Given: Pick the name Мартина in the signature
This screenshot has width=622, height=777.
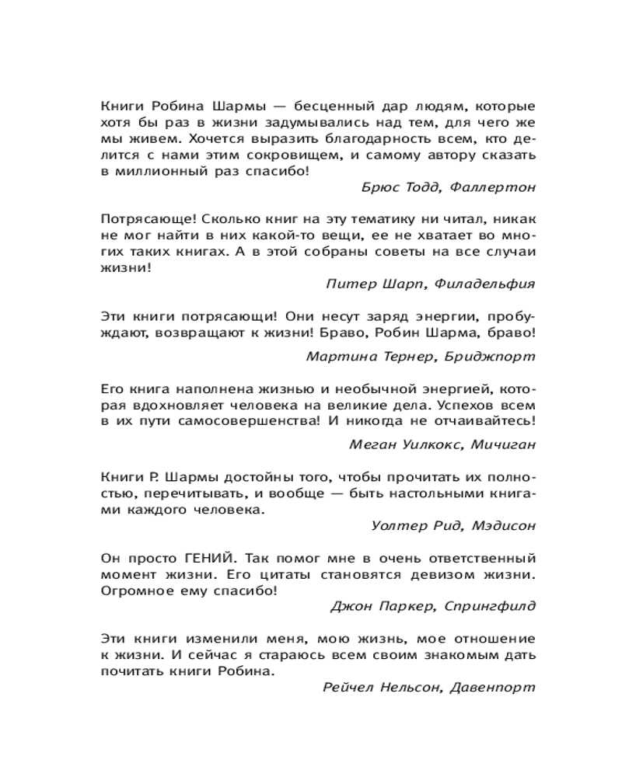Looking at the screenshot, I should (x=335, y=357).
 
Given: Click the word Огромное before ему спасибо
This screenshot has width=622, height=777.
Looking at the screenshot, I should (x=134, y=590).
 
